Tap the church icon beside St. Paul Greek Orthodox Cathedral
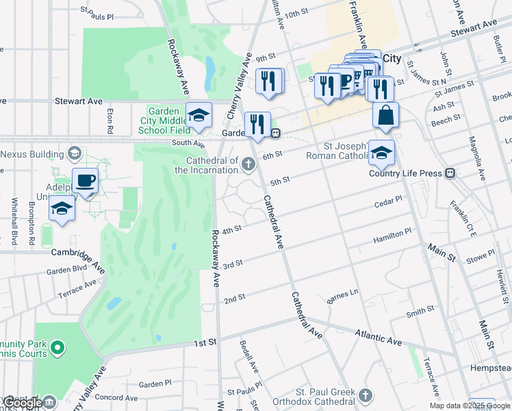[366, 395]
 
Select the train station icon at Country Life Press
[450, 173]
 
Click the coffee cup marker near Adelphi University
[85, 181]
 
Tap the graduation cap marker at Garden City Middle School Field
[199, 114]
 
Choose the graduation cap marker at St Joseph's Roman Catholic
[381, 153]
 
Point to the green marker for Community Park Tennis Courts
[57, 348]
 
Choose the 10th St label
[297, 13]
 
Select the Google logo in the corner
[23, 403]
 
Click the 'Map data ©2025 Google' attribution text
[460, 406]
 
